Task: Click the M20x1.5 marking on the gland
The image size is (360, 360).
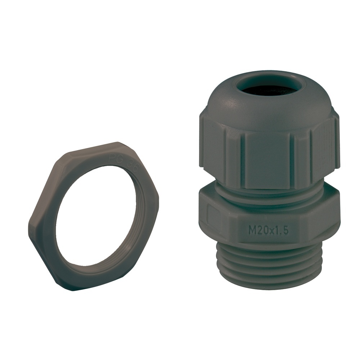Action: click(268, 231)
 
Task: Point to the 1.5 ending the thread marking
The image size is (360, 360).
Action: click(283, 231)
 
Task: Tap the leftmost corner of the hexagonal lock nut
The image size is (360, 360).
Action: click(29, 230)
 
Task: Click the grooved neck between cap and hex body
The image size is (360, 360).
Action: click(268, 194)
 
